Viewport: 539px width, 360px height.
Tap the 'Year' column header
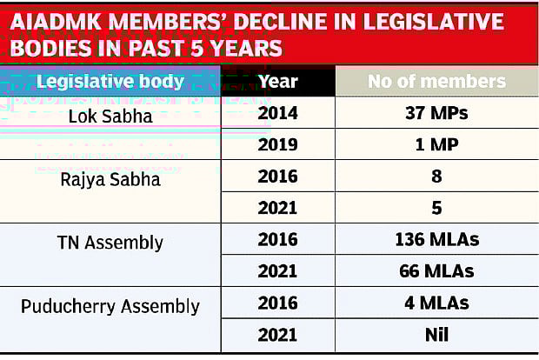[x=278, y=82]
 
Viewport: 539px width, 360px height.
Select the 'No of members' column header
[x=436, y=82]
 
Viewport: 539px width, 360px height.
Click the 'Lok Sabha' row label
[x=110, y=114]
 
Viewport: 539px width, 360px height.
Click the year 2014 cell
[x=278, y=114]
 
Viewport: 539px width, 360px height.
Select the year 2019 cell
[x=278, y=145]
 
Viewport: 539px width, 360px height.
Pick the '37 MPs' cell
[x=436, y=114]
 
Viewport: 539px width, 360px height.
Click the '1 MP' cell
[x=436, y=145]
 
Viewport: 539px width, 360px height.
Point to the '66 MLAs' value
[x=436, y=271]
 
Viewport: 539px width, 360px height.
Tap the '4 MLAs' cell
[x=436, y=303]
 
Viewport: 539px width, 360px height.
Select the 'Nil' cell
[x=436, y=335]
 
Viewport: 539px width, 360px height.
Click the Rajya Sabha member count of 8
[x=436, y=177]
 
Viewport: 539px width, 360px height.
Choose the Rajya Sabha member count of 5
[x=436, y=209]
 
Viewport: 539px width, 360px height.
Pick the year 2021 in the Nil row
[x=278, y=335]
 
